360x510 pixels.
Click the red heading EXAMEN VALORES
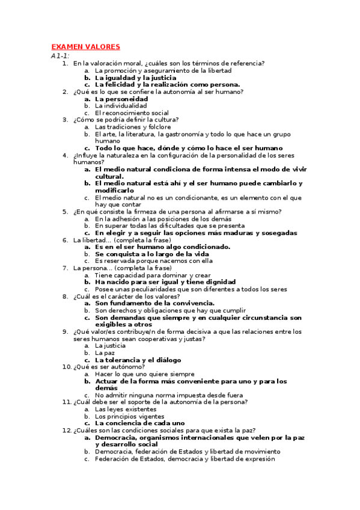[x=85, y=47]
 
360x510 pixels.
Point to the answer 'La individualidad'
[x=121, y=106]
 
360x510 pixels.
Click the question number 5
[x=65, y=212]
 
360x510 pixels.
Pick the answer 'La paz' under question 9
[x=105, y=353]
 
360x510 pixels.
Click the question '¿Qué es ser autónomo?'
[x=108, y=367]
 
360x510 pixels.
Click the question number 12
[x=67, y=430]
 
